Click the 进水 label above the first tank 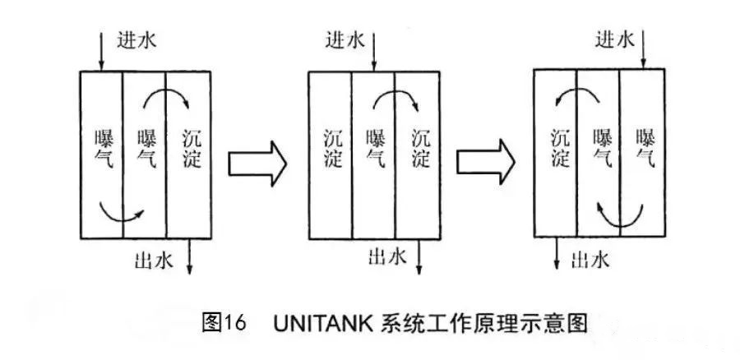click(130, 39)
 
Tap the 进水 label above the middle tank click(345, 39)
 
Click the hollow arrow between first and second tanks click(257, 162)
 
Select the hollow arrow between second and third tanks click(486, 162)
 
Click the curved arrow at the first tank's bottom click(119, 215)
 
